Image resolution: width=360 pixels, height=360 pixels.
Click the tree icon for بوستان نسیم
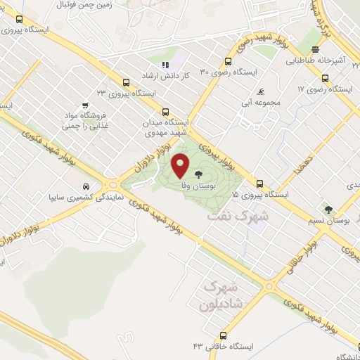tap(328, 210)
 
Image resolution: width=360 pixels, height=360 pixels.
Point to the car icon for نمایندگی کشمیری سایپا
tap(85, 188)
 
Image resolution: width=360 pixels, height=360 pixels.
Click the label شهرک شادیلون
tap(219, 297)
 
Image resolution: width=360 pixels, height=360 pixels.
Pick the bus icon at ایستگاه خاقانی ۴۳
tap(224, 335)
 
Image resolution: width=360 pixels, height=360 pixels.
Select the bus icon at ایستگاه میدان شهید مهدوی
tap(166, 111)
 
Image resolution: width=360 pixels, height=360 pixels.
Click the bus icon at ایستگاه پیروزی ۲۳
tap(125, 82)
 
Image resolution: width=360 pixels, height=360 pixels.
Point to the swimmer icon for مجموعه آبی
tap(261, 91)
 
